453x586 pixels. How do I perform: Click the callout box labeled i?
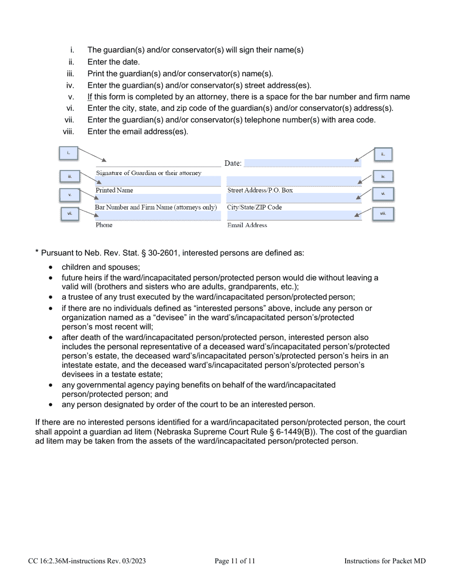click(x=68, y=153)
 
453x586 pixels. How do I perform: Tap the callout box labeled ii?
click(x=382, y=154)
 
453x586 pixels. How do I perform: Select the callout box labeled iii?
click(x=70, y=177)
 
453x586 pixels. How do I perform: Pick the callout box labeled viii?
click(x=383, y=214)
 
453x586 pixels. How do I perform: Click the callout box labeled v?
click(x=70, y=195)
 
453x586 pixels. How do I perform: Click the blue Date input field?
click(x=296, y=163)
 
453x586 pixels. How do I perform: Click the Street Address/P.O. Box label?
click(x=260, y=190)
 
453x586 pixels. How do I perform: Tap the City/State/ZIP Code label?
click(x=255, y=208)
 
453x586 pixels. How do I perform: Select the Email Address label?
click(x=247, y=225)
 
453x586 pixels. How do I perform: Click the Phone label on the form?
click(x=104, y=225)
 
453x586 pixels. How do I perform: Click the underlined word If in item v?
click(x=90, y=97)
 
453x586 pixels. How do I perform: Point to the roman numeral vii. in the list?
click(x=69, y=120)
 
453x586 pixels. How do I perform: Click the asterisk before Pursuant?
click(x=37, y=252)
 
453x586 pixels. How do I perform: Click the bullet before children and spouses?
click(x=51, y=268)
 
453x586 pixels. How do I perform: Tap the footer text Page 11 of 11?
click(x=235, y=561)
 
